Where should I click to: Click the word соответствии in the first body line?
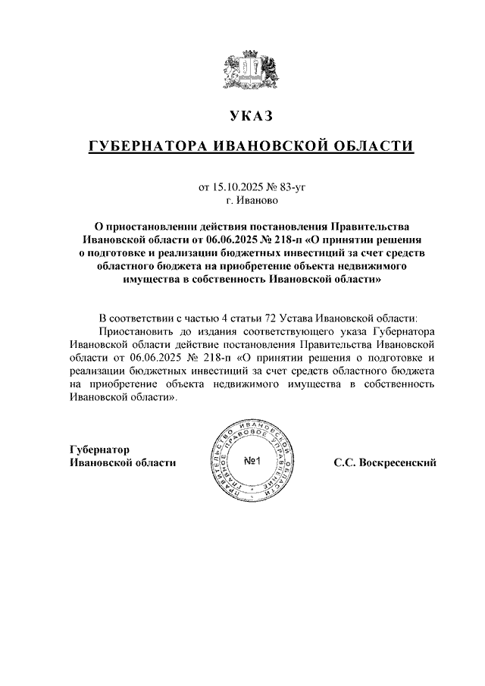(x=143, y=318)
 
